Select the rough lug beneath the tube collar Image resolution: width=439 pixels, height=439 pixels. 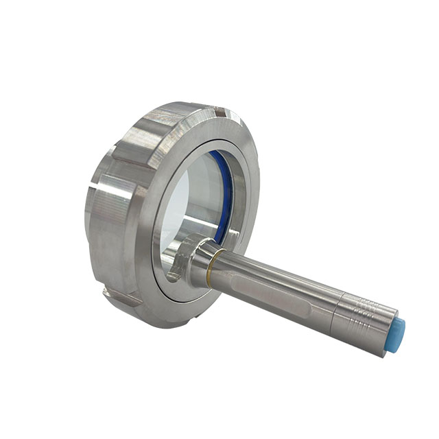178,274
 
